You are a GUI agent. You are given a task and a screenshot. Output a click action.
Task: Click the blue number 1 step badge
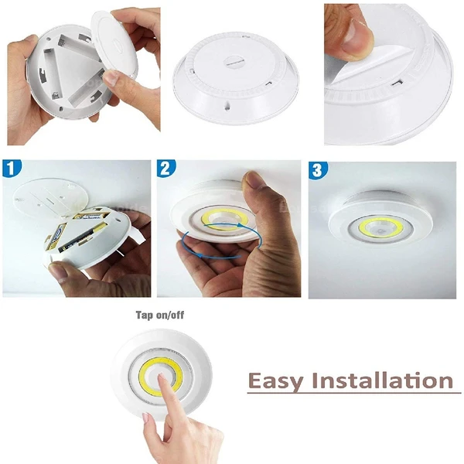click(12, 169)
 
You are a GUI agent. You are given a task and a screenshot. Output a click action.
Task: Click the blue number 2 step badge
click(166, 169)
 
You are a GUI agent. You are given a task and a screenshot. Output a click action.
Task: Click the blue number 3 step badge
click(318, 170)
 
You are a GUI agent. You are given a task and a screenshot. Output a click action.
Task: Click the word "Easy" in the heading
click(275, 382)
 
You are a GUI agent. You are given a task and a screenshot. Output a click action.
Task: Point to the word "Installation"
click(382, 380)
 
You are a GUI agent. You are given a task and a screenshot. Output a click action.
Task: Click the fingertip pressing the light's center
click(161, 377)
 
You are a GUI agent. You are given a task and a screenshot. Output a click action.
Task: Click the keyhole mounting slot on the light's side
click(227, 106)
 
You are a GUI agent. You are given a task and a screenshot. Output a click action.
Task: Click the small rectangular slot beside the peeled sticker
click(397, 83)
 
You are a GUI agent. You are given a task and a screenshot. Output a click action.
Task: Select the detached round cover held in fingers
click(114, 43)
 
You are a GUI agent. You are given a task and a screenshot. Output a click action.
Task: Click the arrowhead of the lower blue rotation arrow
click(200, 255)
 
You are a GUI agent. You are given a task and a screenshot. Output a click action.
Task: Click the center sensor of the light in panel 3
click(380, 230)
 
